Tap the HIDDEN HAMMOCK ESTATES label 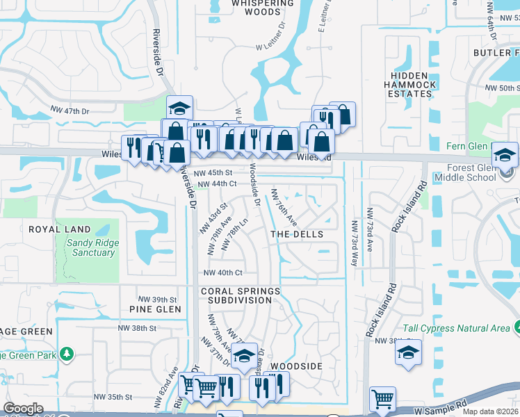pyautogui.click(x=414, y=84)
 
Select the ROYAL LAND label pyautogui.click(x=59, y=229)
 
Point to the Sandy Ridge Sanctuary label pyautogui.click(x=92, y=247)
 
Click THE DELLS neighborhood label pyautogui.click(x=297, y=234)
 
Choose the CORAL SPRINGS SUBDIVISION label pyautogui.click(x=241, y=295)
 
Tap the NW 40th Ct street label pyautogui.click(x=222, y=272)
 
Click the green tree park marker pyautogui.click(x=67, y=354)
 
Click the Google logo pyautogui.click(x=24, y=409)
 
